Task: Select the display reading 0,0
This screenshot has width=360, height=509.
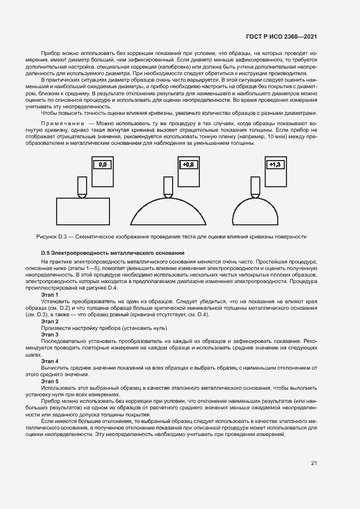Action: click(103, 164)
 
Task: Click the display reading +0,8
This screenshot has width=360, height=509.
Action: click(188, 164)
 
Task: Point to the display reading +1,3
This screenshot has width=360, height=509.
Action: click(273, 164)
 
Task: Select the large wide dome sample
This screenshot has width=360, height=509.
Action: click(168, 212)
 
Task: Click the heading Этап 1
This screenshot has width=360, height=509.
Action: click(50, 294)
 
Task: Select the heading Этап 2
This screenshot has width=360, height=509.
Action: click(50, 322)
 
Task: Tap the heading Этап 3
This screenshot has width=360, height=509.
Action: click(50, 334)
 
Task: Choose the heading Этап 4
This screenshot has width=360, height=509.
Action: click(50, 361)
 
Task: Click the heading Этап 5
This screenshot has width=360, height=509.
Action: click(50, 381)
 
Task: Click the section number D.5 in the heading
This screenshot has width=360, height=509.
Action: click(46, 253)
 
